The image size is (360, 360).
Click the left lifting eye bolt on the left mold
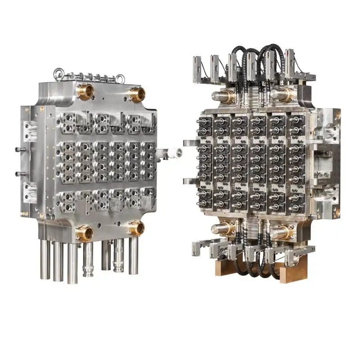58,73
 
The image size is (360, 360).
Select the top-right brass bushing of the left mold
137,95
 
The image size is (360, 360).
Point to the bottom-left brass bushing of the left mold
85,233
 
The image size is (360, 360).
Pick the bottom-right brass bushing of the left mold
136,228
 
